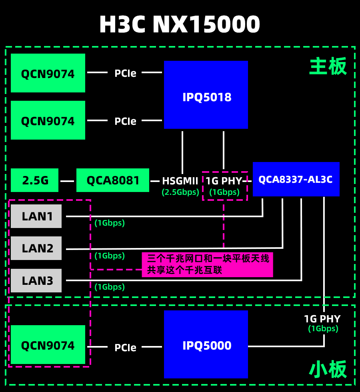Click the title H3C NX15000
pyautogui.click(x=180, y=25)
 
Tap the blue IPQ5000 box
pyautogui.click(x=206, y=344)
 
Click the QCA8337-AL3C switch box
pyautogui.click(x=296, y=179)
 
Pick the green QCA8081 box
pyautogui.click(x=112, y=180)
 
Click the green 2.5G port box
pyautogui.click(x=35, y=180)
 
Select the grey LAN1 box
pyautogui.click(x=36, y=216)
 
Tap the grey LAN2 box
pyautogui.click(x=36, y=248)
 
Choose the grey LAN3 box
pyautogui.click(x=36, y=280)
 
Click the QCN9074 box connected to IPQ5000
pyautogui.click(x=48, y=345)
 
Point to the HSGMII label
pyautogui.click(x=180, y=181)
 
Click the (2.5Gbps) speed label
pyautogui.click(x=180, y=192)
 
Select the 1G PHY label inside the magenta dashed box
pyautogui.click(x=224, y=181)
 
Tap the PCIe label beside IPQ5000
pyautogui.click(x=125, y=348)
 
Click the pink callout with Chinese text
pyautogui.click(x=208, y=264)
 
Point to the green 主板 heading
pyautogui.click(x=328, y=67)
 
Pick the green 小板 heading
pyautogui.click(x=328, y=370)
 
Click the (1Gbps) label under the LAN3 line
pyautogui.click(x=110, y=287)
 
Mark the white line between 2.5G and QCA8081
pyautogui.click(x=67, y=181)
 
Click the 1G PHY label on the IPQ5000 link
pyautogui.click(x=322, y=319)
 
